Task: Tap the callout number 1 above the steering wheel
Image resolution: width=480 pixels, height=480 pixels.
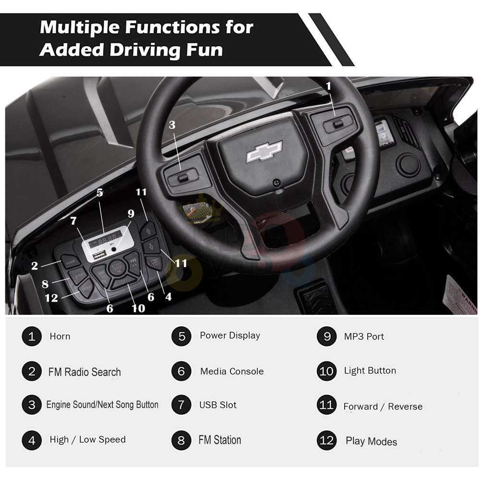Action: click(328, 86)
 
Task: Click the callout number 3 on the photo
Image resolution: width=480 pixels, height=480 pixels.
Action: click(172, 125)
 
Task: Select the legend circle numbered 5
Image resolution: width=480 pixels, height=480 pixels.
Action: click(181, 336)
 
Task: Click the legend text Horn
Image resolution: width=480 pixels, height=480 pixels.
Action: click(60, 336)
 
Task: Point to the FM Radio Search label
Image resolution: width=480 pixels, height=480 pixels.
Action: click(84, 372)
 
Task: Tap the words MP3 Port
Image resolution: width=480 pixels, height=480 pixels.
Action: click(364, 336)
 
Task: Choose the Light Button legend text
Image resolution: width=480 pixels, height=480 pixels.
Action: click(370, 371)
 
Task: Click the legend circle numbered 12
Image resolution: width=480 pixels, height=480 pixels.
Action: click(326, 440)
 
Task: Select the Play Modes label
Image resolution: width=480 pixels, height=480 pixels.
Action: click(371, 442)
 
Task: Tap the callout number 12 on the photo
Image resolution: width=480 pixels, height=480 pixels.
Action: click(51, 298)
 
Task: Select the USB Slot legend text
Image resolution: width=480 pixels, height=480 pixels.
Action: click(218, 405)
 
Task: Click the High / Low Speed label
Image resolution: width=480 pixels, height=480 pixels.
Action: click(87, 440)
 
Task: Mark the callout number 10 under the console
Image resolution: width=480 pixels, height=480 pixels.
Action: click(138, 308)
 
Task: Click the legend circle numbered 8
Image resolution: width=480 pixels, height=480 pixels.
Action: click(181, 440)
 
